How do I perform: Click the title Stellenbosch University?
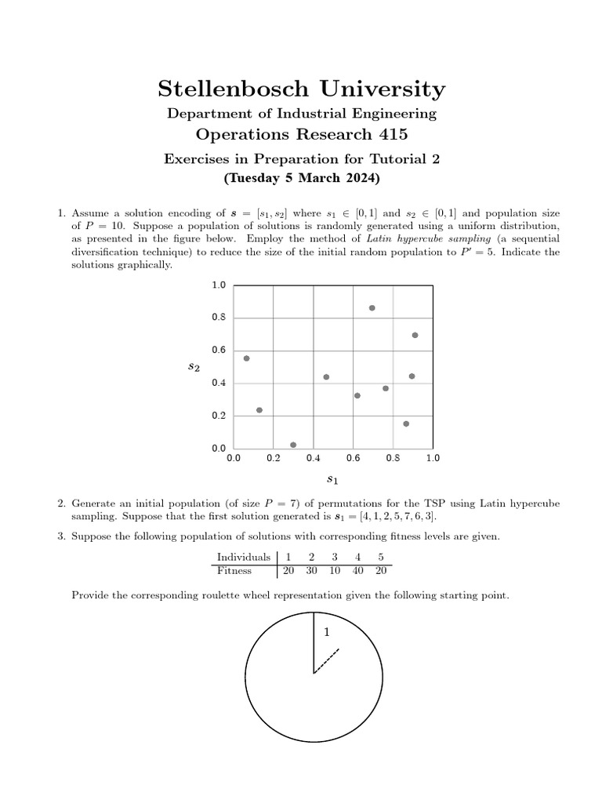pos(301,89)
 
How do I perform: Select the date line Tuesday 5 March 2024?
pos(301,178)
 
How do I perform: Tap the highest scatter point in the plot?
pos(372,308)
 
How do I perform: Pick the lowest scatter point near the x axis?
pos(293,445)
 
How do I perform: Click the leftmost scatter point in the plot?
pos(246,358)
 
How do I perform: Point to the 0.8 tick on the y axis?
pos(218,318)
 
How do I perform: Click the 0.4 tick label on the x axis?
pos(313,457)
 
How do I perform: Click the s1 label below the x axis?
pos(332,478)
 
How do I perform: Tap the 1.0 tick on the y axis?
pos(218,285)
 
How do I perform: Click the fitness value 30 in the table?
pos(311,571)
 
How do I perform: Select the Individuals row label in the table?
pos(242,558)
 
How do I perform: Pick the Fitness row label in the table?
pos(234,571)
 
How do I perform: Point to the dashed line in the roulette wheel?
pos(326,661)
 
